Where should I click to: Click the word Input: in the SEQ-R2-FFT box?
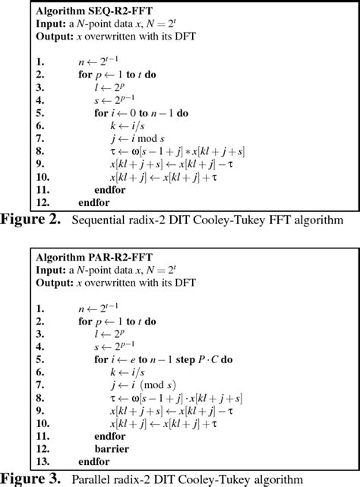point(51,25)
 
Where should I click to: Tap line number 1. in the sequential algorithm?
point(39,61)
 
